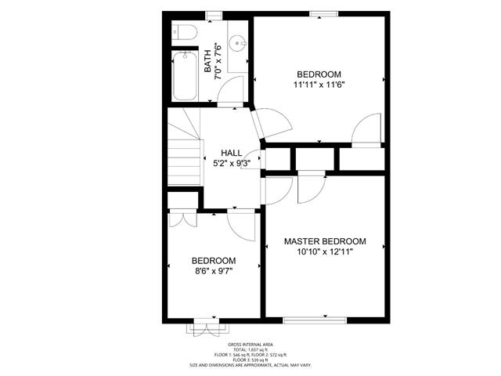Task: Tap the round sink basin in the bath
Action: pyautogui.click(x=238, y=43)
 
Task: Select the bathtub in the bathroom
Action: pyautogui.click(x=185, y=76)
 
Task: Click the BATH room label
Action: pyautogui.click(x=207, y=61)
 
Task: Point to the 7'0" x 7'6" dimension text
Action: pyautogui.click(x=218, y=61)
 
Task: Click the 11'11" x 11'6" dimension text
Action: pyautogui.click(x=319, y=85)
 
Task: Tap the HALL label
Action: pyautogui.click(x=232, y=153)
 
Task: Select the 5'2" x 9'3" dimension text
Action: pyautogui.click(x=232, y=164)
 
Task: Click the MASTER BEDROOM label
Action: pyautogui.click(x=325, y=241)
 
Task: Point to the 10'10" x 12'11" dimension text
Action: pyautogui.click(x=325, y=251)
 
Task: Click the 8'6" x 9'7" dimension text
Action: pyautogui.click(x=214, y=271)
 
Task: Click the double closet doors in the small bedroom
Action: pyautogui.click(x=182, y=219)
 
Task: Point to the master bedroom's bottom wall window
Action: pyautogui.click(x=315, y=320)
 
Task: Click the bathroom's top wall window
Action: pyautogui.click(x=214, y=15)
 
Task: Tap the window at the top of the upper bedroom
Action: pyautogui.click(x=324, y=14)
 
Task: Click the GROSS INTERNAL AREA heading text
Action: pyautogui.click(x=250, y=345)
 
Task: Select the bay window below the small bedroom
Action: pyautogui.click(x=208, y=327)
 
